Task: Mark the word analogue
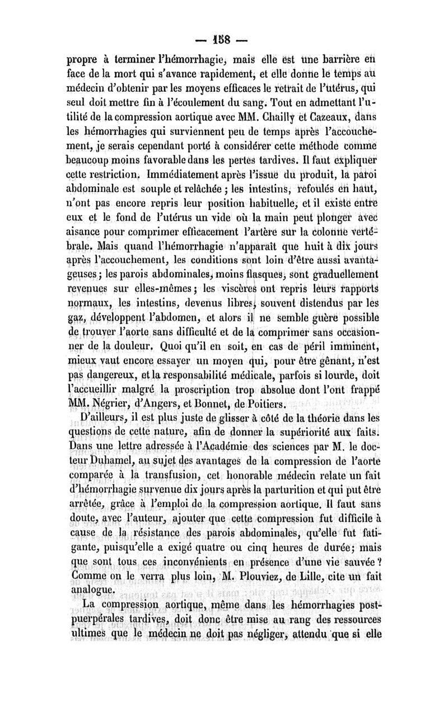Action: tap(93, 590)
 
